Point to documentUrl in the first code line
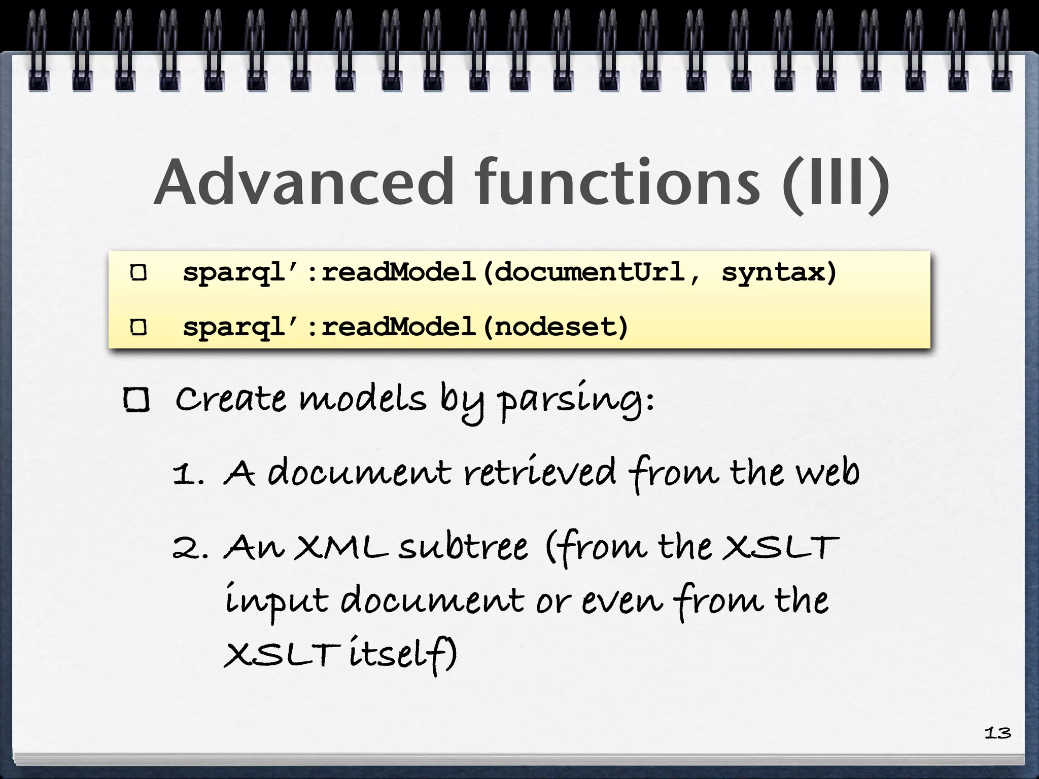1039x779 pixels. coord(588,273)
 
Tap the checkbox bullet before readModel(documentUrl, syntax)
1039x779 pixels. coord(138,273)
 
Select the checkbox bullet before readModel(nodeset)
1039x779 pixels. coord(138,327)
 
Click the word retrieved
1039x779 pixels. coord(540,473)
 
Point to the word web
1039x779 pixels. coord(827,473)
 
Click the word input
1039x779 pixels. coord(276,601)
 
